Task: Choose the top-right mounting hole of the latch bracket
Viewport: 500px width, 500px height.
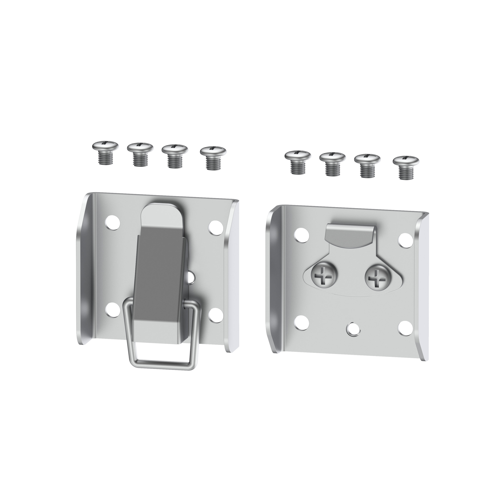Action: (215, 226)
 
